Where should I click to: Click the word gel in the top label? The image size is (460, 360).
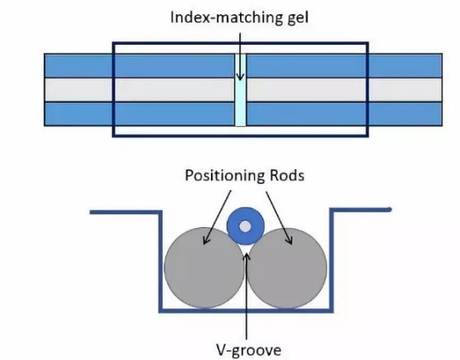pyautogui.click(x=297, y=18)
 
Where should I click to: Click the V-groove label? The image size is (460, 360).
pyautogui.click(x=249, y=350)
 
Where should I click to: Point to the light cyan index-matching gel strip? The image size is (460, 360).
pyautogui.click(x=241, y=90)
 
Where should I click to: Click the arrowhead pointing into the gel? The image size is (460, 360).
pyautogui.click(x=240, y=77)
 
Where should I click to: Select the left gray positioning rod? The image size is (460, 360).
pyautogui.click(x=204, y=268)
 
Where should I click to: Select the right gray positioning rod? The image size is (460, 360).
pyautogui.click(x=287, y=269)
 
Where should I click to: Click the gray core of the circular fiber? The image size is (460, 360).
pyautogui.click(x=245, y=226)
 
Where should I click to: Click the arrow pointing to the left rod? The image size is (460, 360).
pyautogui.click(x=218, y=217)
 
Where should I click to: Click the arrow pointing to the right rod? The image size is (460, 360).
pyautogui.click(x=279, y=217)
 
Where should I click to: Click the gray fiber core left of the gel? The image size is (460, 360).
pyautogui.click(x=139, y=90)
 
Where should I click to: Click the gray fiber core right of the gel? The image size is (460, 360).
pyautogui.click(x=344, y=90)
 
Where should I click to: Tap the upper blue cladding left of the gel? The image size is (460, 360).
pyautogui.click(x=139, y=66)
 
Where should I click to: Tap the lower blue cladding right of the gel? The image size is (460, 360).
pyautogui.click(x=344, y=114)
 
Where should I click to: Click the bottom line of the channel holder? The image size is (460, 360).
pyautogui.click(x=247, y=310)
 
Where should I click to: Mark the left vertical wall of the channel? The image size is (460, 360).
pyautogui.click(x=160, y=261)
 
